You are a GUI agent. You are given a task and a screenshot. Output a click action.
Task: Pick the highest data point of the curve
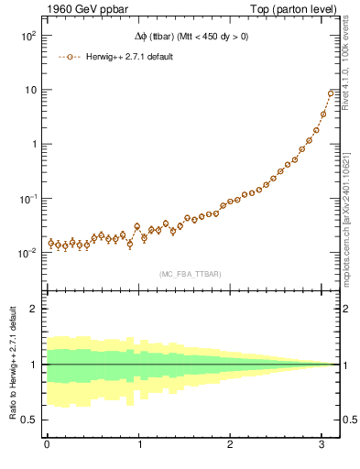(331, 93)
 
